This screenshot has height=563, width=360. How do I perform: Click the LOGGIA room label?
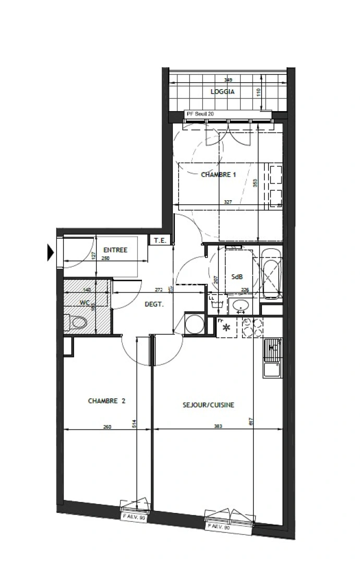coord(223,92)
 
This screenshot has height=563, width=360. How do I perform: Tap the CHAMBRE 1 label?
coord(219,175)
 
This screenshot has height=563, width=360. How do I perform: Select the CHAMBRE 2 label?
coord(106,401)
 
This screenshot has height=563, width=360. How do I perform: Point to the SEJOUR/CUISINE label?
coord(208,405)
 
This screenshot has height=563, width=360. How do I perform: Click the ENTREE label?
coord(115,250)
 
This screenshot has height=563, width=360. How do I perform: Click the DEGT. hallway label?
coord(154,305)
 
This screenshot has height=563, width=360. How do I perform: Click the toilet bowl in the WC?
coord(77,323)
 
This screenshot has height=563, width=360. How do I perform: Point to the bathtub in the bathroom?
coord(272,273)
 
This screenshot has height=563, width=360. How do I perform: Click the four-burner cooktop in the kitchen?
coord(252,328)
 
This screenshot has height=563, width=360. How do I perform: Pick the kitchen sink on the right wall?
coord(272,360)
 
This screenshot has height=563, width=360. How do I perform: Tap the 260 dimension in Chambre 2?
coord(107,426)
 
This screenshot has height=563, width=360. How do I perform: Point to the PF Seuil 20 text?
coord(200,113)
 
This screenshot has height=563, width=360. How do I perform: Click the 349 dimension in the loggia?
coord(228,80)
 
